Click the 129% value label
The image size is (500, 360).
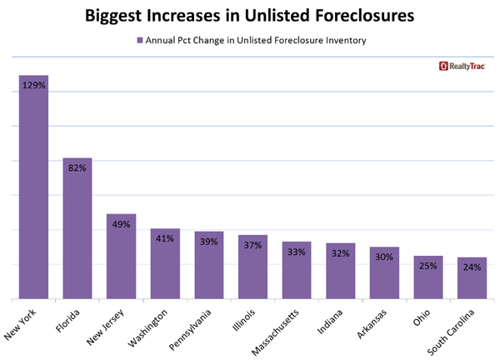click(33, 87)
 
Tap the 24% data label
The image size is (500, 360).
click(472, 268)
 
